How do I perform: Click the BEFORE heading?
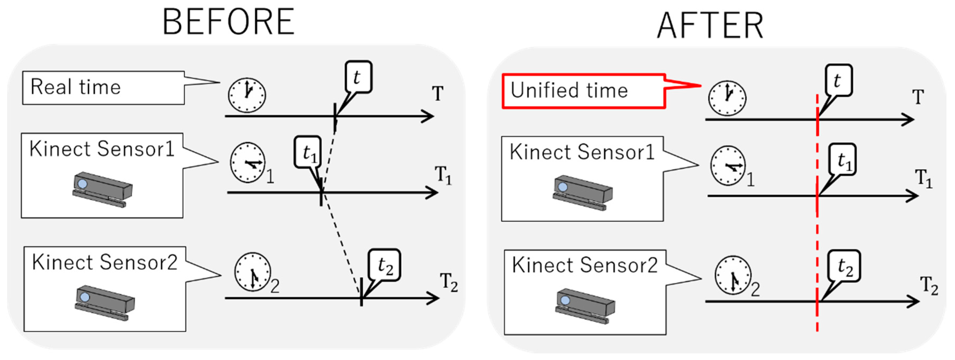pyautogui.click(x=228, y=22)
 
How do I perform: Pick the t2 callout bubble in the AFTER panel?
pyautogui.click(x=844, y=266)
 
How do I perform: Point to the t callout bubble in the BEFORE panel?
pyautogui.click(x=358, y=77)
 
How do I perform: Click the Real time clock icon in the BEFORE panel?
pyautogui.click(x=247, y=95)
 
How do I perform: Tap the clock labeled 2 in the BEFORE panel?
pyautogui.click(x=252, y=272)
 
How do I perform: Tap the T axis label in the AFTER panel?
pyautogui.click(x=918, y=97)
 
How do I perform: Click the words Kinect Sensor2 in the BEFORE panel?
pyautogui.click(x=104, y=262)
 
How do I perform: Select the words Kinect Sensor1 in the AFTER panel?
pyautogui.click(x=582, y=152)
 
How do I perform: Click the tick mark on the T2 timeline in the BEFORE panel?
pyautogui.click(x=361, y=297)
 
